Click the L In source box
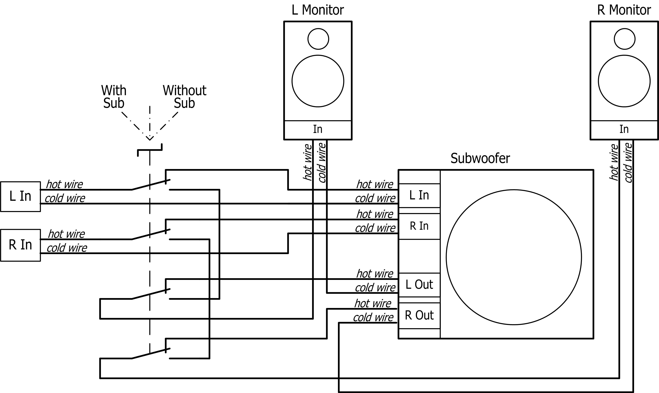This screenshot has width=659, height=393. click(20, 197)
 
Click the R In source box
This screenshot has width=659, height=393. click(20, 245)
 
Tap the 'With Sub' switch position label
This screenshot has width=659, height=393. click(114, 97)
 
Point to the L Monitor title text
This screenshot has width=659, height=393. click(318, 10)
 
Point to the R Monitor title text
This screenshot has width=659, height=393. click(624, 10)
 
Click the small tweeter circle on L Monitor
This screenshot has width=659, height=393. click(318, 39)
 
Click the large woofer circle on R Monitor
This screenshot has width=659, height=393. click(624, 81)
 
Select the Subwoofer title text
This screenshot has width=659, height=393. click(480, 158)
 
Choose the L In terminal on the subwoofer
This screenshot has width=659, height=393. click(419, 195)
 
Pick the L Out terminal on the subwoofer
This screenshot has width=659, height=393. click(419, 285)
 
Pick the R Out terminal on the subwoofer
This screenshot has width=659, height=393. click(419, 315)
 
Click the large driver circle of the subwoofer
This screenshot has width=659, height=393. click(514, 257)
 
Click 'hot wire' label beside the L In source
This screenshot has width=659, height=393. click(64, 184)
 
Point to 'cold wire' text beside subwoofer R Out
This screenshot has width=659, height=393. click(373, 317)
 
